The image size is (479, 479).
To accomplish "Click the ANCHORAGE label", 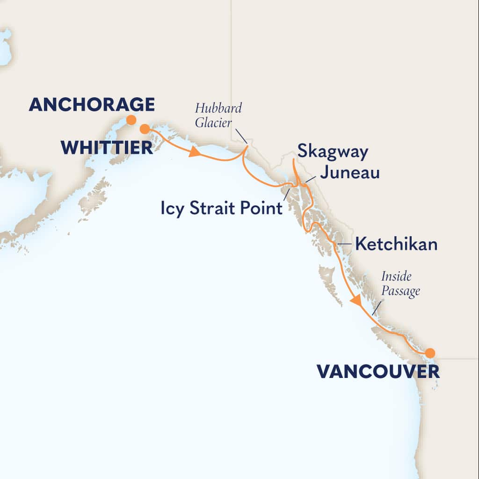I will click(92, 104).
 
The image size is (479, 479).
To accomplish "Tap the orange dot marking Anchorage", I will click(131, 120).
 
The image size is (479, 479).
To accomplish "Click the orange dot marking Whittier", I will click(145, 128).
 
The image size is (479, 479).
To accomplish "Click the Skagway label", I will click(332, 152).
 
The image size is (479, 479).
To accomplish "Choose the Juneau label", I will click(349, 173).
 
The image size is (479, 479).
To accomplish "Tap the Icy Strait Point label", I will click(222, 208).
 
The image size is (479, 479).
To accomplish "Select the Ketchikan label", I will click(396, 244).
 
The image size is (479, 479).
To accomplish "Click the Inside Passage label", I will click(400, 283).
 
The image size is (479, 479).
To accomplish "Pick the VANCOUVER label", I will click(378, 372).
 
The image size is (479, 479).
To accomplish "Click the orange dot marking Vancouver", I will click(429, 353).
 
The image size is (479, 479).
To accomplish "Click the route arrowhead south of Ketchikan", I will click(356, 300).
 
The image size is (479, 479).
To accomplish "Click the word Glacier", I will click(212, 123).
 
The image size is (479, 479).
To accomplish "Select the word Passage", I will click(400, 290).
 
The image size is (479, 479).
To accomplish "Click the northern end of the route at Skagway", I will click(293, 160).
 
